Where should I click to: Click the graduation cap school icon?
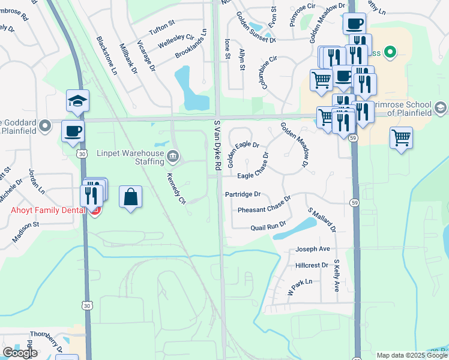pyautogui.click(x=77, y=101)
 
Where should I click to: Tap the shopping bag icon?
pyautogui.click(x=130, y=197)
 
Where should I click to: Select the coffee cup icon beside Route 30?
pyautogui.click(x=73, y=131)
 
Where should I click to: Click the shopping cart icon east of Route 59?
pyautogui.click(x=401, y=137)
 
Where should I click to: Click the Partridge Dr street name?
pyautogui.click(x=243, y=194)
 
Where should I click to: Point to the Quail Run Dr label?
pyautogui.click(x=268, y=227)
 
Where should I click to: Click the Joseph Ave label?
pyautogui.click(x=312, y=249)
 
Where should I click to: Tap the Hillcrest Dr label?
pyautogui.click(x=312, y=265)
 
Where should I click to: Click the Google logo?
pyautogui.click(x=20, y=353)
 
